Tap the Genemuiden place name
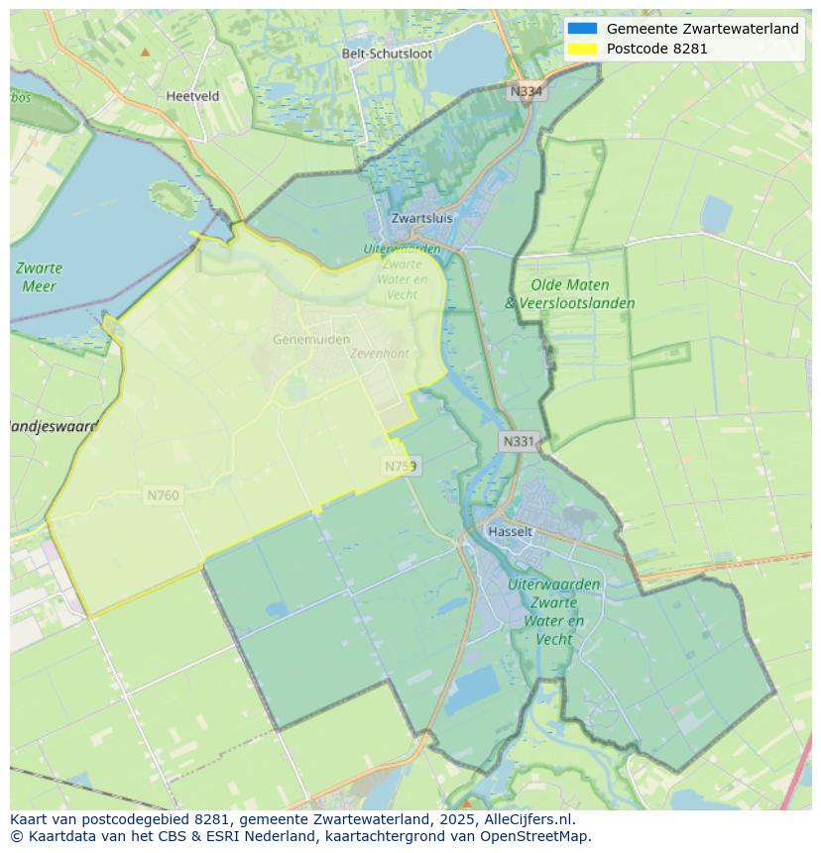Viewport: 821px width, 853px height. tap(311, 339)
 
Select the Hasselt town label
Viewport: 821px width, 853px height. tap(510, 531)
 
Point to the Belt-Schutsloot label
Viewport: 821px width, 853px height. tap(387, 53)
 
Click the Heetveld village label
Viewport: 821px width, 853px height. tap(192, 96)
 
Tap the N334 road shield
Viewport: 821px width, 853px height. tap(527, 91)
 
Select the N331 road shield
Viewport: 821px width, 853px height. tap(519, 442)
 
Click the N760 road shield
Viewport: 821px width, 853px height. tap(163, 494)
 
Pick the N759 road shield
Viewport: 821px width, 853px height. tap(402, 465)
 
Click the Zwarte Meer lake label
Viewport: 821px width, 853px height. tap(39, 276)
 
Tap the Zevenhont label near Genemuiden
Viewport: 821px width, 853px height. tap(379, 354)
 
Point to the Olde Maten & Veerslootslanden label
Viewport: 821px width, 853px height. tap(569, 294)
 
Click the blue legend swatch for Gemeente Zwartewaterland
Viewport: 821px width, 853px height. tap(582, 29)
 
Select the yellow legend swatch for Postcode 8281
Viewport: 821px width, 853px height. tap(582, 49)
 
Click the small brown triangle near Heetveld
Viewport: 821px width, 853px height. tap(146, 52)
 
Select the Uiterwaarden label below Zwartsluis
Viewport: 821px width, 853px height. tap(402, 249)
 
